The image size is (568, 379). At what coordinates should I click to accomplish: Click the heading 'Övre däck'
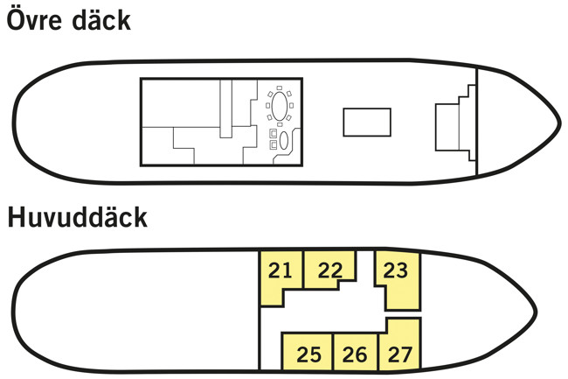68,20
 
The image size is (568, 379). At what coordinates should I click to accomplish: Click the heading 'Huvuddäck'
78,217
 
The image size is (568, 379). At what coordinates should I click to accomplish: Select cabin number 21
280,270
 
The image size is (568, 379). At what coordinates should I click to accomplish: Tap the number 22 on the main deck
330,270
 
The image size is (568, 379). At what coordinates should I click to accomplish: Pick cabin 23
396,270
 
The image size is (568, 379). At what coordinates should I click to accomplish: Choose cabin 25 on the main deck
309,354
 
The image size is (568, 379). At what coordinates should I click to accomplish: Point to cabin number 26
355,354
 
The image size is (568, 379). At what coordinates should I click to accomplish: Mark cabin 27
400,354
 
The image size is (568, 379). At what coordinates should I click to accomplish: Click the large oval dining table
280,106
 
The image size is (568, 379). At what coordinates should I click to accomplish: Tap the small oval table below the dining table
284,140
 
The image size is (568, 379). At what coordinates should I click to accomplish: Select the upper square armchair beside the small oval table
274,133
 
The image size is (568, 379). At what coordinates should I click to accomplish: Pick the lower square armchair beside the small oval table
274,144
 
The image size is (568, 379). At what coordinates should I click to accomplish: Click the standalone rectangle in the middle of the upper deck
367,123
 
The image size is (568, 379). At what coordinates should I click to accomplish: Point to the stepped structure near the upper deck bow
455,123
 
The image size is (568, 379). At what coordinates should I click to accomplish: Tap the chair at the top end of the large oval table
280,88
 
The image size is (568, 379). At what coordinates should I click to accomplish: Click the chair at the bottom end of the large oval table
280,124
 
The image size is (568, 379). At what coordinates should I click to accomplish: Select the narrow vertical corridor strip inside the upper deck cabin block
226,109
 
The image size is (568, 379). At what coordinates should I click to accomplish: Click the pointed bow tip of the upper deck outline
561,123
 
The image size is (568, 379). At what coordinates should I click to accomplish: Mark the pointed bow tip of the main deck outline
537,312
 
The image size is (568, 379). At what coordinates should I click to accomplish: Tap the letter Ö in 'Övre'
16,20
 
